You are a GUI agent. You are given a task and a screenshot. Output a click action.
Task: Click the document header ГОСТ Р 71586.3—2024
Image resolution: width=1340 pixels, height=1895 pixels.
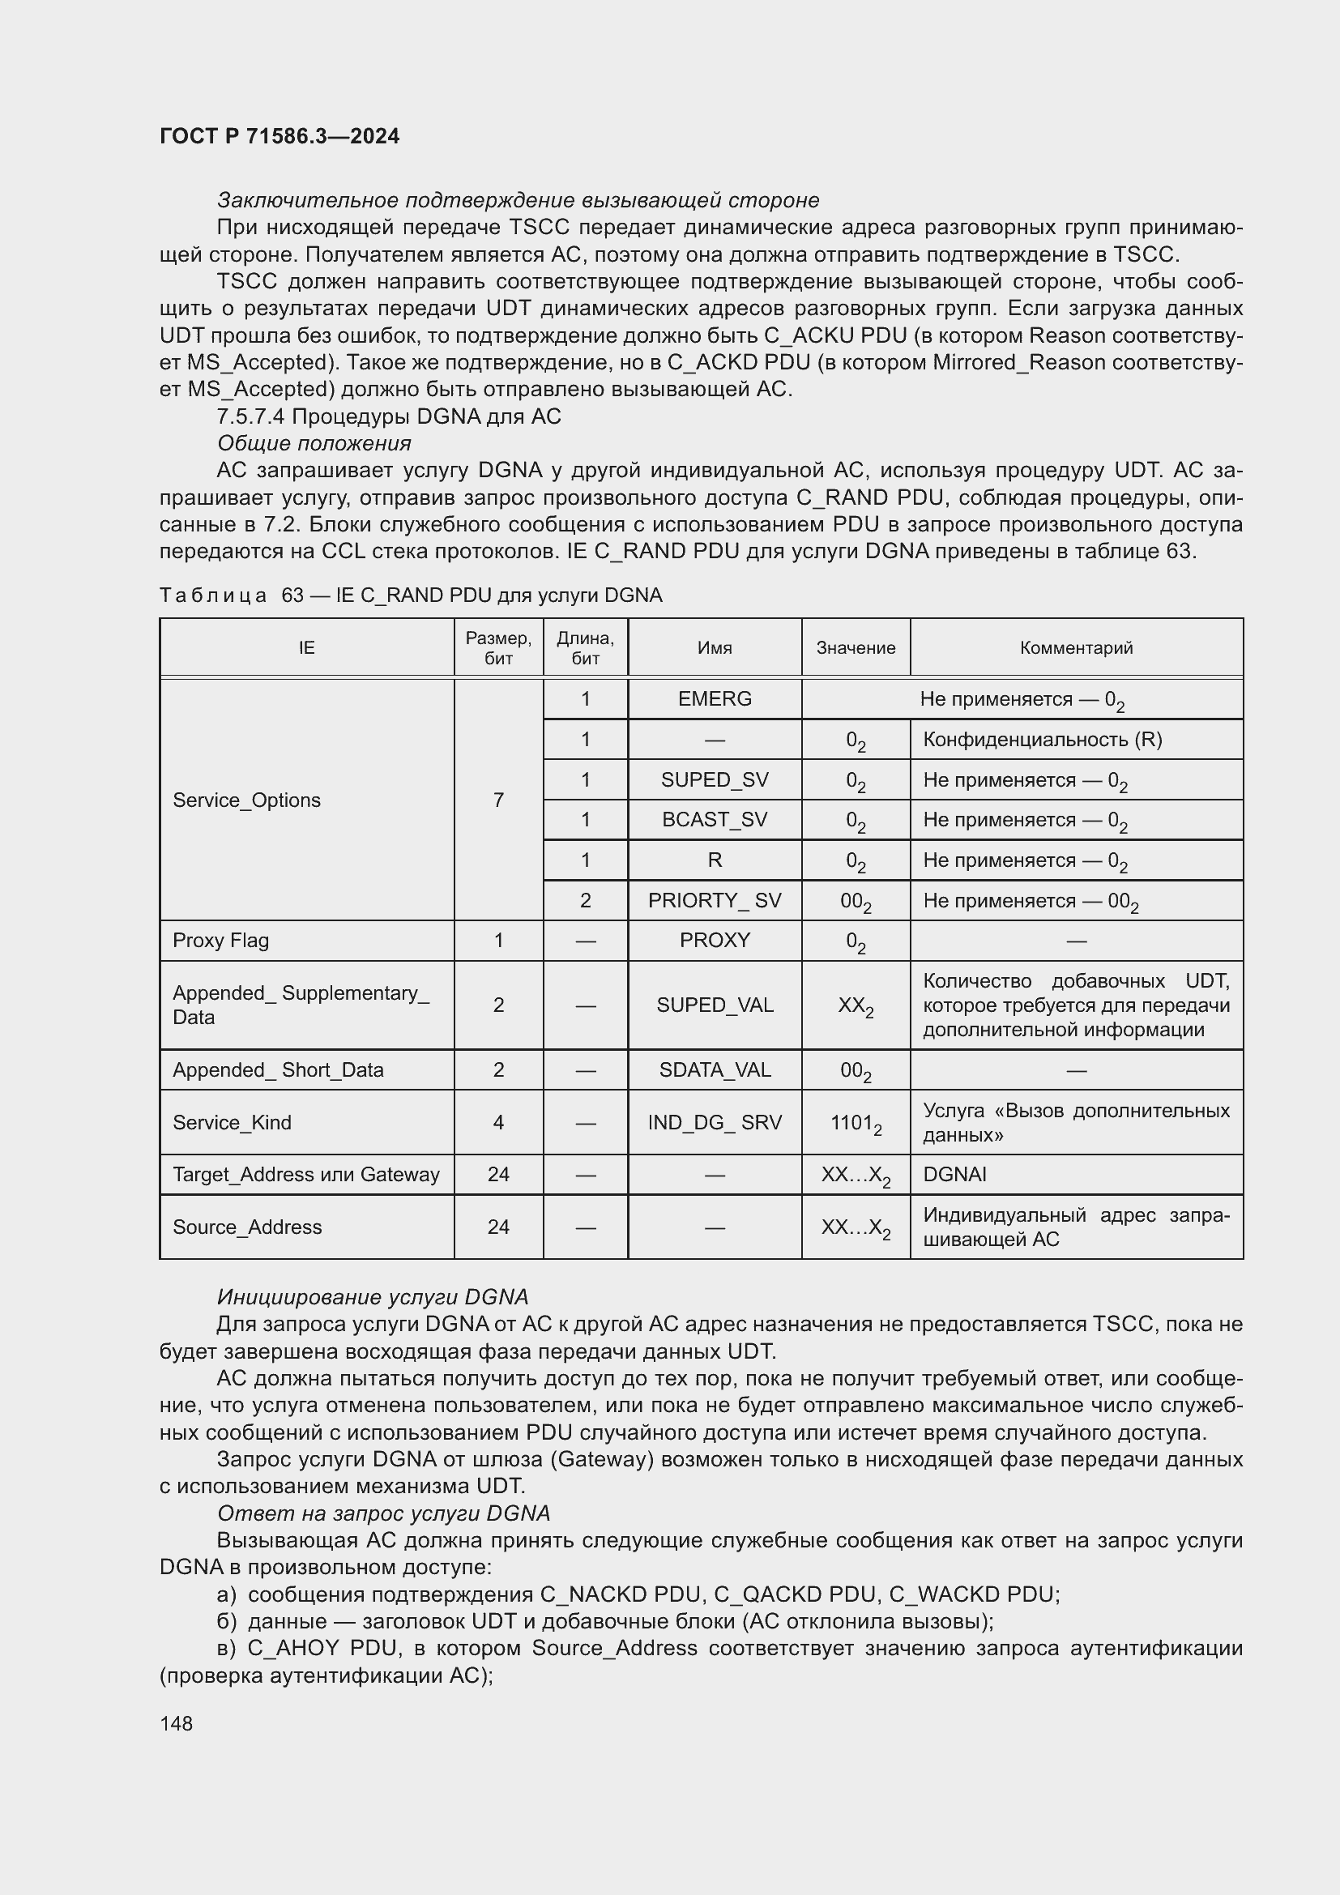point(279,136)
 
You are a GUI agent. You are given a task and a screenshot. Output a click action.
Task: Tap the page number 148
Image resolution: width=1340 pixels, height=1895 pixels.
point(176,1723)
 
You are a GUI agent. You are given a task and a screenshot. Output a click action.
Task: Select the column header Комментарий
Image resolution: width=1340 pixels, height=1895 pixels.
point(1076,648)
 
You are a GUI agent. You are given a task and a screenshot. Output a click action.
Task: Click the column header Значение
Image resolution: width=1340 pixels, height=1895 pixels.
point(856,648)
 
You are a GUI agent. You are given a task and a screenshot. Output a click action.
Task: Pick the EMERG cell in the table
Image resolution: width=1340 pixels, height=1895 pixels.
point(715,699)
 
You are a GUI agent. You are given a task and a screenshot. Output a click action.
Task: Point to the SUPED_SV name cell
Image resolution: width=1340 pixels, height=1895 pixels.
point(715,780)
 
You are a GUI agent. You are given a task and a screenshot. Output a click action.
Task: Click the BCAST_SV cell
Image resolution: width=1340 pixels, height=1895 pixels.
point(715,820)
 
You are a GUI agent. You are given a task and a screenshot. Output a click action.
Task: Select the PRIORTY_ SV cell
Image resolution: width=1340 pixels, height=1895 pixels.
point(715,900)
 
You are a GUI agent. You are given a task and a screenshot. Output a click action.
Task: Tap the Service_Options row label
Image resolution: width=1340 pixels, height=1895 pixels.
point(247,800)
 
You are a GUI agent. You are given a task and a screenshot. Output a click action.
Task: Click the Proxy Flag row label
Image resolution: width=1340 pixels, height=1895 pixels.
point(221,940)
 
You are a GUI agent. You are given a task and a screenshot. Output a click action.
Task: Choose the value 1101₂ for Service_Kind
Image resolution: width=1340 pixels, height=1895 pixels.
point(856,1123)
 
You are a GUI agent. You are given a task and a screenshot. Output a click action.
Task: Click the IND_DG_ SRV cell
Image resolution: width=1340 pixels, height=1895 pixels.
point(715,1122)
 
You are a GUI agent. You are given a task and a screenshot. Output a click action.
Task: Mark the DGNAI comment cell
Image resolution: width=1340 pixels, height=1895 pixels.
point(954,1175)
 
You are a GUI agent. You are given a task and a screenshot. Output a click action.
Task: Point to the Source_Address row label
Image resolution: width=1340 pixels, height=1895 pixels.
point(247,1227)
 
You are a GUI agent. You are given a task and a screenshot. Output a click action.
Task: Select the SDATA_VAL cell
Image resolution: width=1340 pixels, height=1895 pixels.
point(715,1069)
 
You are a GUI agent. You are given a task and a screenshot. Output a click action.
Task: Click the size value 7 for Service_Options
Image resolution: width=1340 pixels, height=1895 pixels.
point(498,800)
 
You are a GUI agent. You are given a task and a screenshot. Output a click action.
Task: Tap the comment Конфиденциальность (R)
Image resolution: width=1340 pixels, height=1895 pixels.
point(1042,740)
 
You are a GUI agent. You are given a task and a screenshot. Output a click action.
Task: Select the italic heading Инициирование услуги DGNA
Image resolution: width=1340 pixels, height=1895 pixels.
point(372,1297)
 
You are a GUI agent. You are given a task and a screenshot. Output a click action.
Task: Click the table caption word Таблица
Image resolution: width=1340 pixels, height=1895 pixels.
point(213,596)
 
